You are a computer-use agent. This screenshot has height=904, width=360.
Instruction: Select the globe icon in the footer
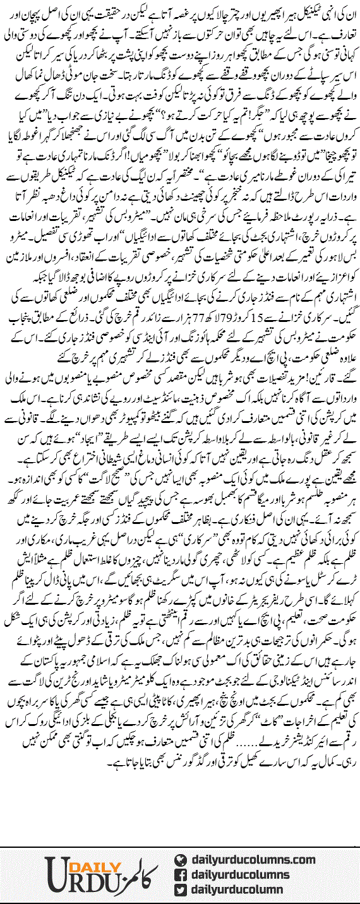(x=180, y=860)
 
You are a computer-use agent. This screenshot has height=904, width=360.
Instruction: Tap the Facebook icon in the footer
(x=180, y=875)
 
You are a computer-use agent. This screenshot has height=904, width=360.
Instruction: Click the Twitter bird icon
(x=180, y=889)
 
